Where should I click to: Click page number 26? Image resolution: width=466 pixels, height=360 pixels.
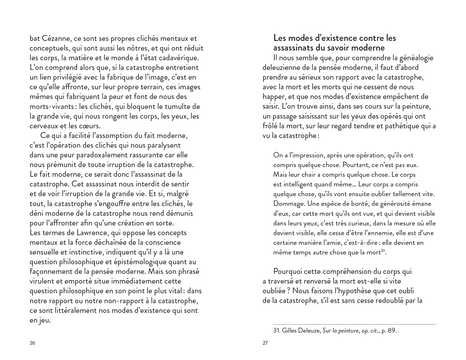(32, 343)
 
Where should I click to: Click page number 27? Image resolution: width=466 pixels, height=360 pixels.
(265, 343)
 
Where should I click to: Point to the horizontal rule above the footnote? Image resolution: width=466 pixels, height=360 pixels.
(355, 324)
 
